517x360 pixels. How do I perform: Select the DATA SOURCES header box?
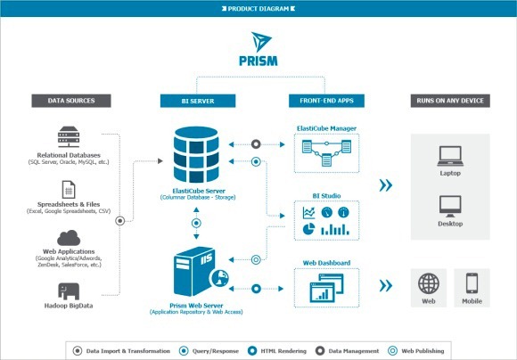click(x=70, y=100)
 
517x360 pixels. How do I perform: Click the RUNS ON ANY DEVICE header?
click(x=449, y=100)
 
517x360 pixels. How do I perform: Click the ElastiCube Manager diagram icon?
click(x=327, y=158)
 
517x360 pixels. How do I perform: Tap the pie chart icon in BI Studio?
click(x=308, y=231)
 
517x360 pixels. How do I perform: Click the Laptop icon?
click(x=449, y=158)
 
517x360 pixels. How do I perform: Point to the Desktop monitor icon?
click(x=449, y=208)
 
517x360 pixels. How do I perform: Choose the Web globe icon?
click(x=429, y=284)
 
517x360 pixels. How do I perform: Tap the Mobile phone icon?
click(x=472, y=284)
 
